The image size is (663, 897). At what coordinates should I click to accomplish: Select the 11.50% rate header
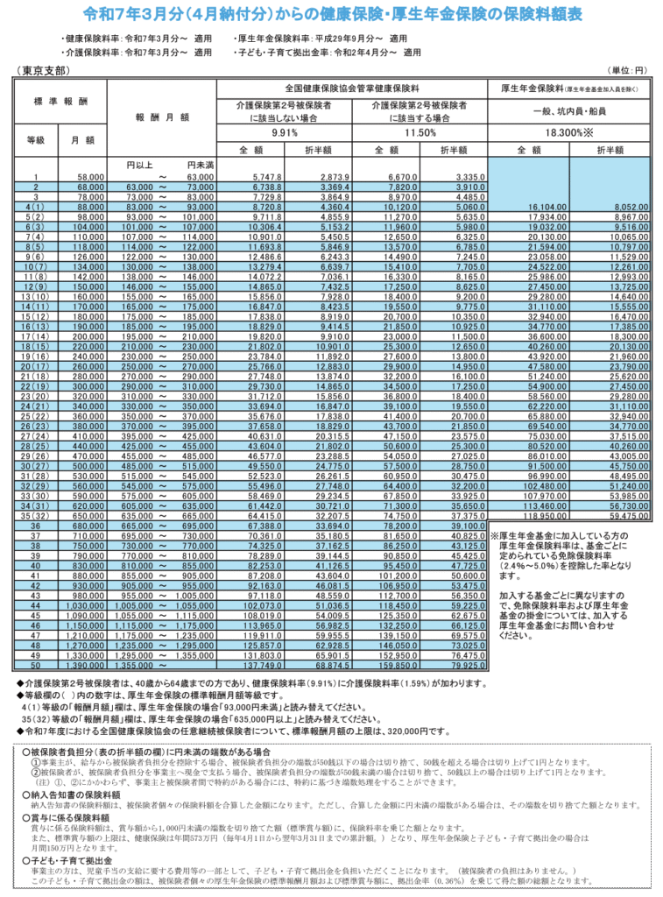pyautogui.click(x=419, y=132)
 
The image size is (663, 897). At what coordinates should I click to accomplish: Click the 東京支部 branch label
pyautogui.click(x=43, y=70)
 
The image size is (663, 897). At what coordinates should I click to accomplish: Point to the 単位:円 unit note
pyautogui.click(x=627, y=70)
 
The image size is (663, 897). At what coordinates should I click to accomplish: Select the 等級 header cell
pyautogui.click(x=35, y=139)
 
